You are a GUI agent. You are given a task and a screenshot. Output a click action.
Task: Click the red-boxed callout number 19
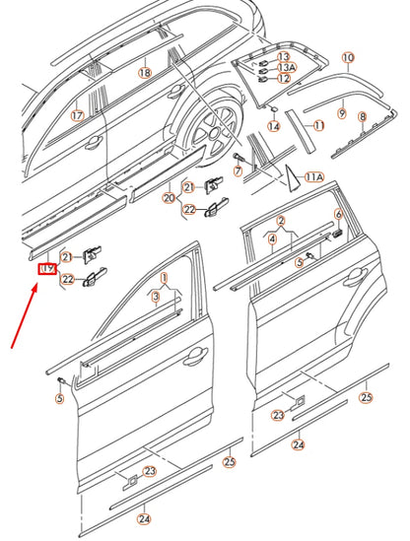pyautogui.click(x=45, y=268)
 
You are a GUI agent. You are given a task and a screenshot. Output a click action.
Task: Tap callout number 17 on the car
pyautogui.click(x=77, y=115)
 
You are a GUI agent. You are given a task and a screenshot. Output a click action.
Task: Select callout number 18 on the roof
pyautogui.click(x=144, y=73)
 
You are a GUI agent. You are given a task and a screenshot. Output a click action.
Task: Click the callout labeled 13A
pyautogui.click(x=284, y=67)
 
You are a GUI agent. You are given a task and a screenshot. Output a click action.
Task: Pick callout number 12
pyautogui.click(x=284, y=79)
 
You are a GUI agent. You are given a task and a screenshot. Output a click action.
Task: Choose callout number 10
pyautogui.click(x=347, y=58)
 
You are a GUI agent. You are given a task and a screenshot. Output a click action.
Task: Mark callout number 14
pyautogui.click(x=274, y=126)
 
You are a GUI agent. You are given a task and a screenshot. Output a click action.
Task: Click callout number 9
pyautogui.click(x=341, y=114)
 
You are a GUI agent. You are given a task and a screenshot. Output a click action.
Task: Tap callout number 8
pyautogui.click(x=362, y=117)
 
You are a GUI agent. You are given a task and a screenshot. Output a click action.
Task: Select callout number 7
pyautogui.click(x=238, y=171)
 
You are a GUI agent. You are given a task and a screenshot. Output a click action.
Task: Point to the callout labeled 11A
pyautogui.click(x=314, y=177)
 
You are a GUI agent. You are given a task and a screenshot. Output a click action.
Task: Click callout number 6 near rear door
pyautogui.click(x=338, y=214)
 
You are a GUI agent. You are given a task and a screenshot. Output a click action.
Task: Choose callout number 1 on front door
pyautogui.click(x=166, y=279)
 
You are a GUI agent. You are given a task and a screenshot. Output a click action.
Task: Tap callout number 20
pyautogui.click(x=169, y=198)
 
